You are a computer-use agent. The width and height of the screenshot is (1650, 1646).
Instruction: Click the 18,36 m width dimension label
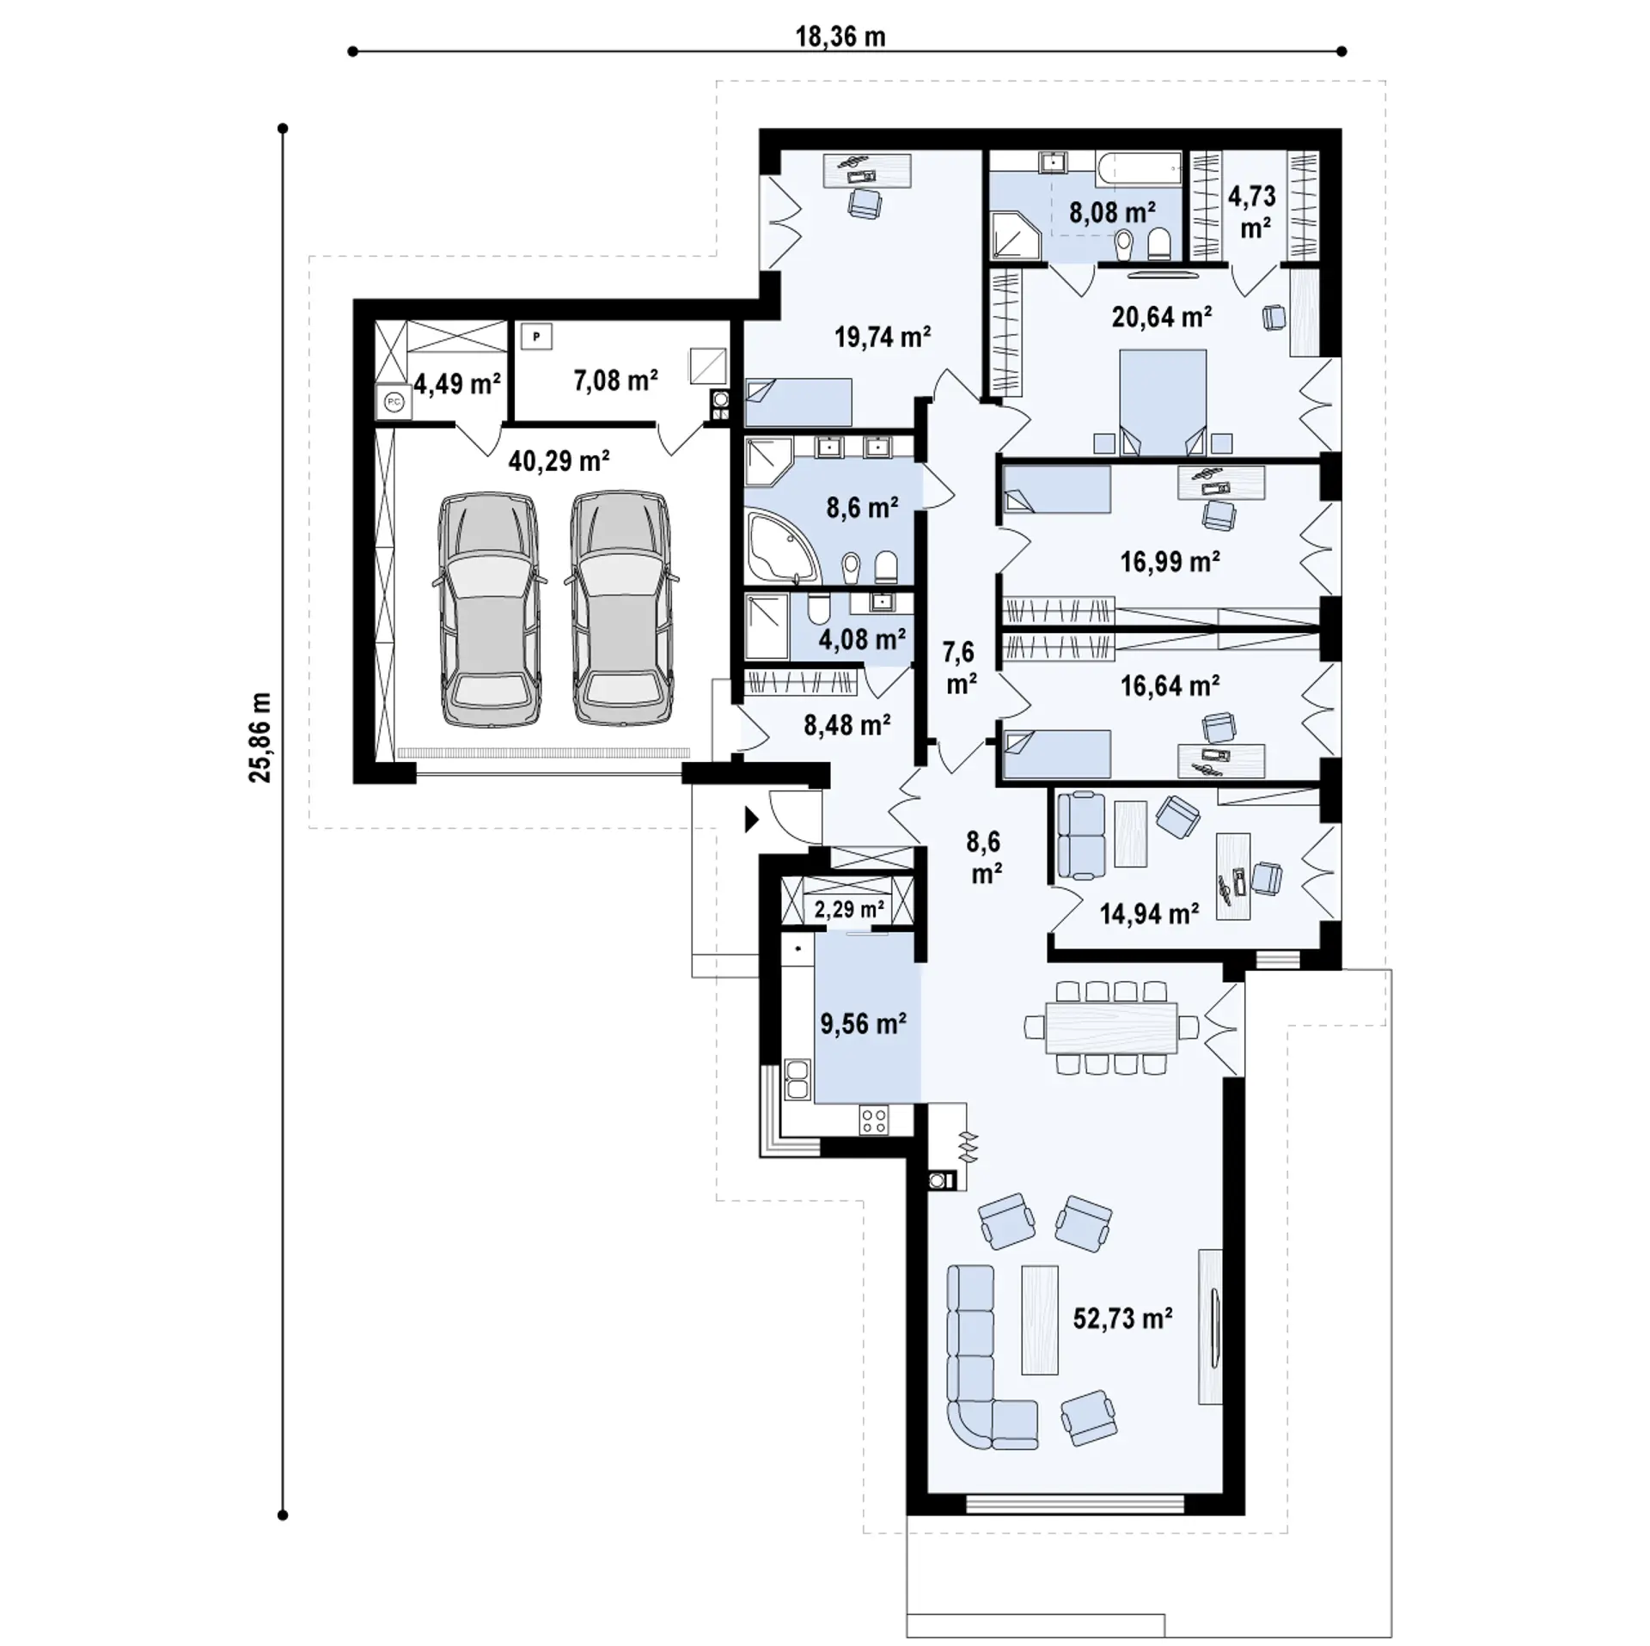tap(840, 37)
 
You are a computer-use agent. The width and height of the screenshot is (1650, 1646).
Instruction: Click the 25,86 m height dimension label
tap(260, 737)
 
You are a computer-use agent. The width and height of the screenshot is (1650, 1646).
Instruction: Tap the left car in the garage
tap(488, 610)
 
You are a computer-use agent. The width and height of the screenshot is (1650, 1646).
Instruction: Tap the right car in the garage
tap(620, 610)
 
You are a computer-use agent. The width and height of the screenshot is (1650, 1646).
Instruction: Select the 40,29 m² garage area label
tap(559, 461)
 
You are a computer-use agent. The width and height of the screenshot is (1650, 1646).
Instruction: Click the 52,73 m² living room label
tap(1122, 1318)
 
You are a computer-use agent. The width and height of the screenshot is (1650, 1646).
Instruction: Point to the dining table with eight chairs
tap(1111, 1027)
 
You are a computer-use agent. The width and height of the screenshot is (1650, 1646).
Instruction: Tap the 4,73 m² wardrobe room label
tap(1252, 210)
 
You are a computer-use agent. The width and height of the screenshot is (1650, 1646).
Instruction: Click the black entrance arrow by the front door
tap(752, 820)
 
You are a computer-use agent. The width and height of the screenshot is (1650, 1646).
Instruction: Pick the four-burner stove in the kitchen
tap(874, 1120)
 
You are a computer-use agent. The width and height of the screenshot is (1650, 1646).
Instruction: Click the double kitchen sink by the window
tap(797, 1080)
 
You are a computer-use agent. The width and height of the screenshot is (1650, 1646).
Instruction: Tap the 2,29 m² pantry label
tap(849, 909)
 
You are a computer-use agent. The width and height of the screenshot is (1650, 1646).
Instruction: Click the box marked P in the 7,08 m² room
tap(536, 337)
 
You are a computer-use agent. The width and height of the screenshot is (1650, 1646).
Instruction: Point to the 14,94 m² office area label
tap(1149, 914)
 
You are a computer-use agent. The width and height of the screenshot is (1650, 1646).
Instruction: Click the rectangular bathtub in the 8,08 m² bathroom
tap(1139, 168)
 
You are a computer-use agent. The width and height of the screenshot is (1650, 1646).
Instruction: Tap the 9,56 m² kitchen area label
tap(863, 1024)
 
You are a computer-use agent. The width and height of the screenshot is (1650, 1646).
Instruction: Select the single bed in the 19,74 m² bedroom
tap(798, 402)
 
